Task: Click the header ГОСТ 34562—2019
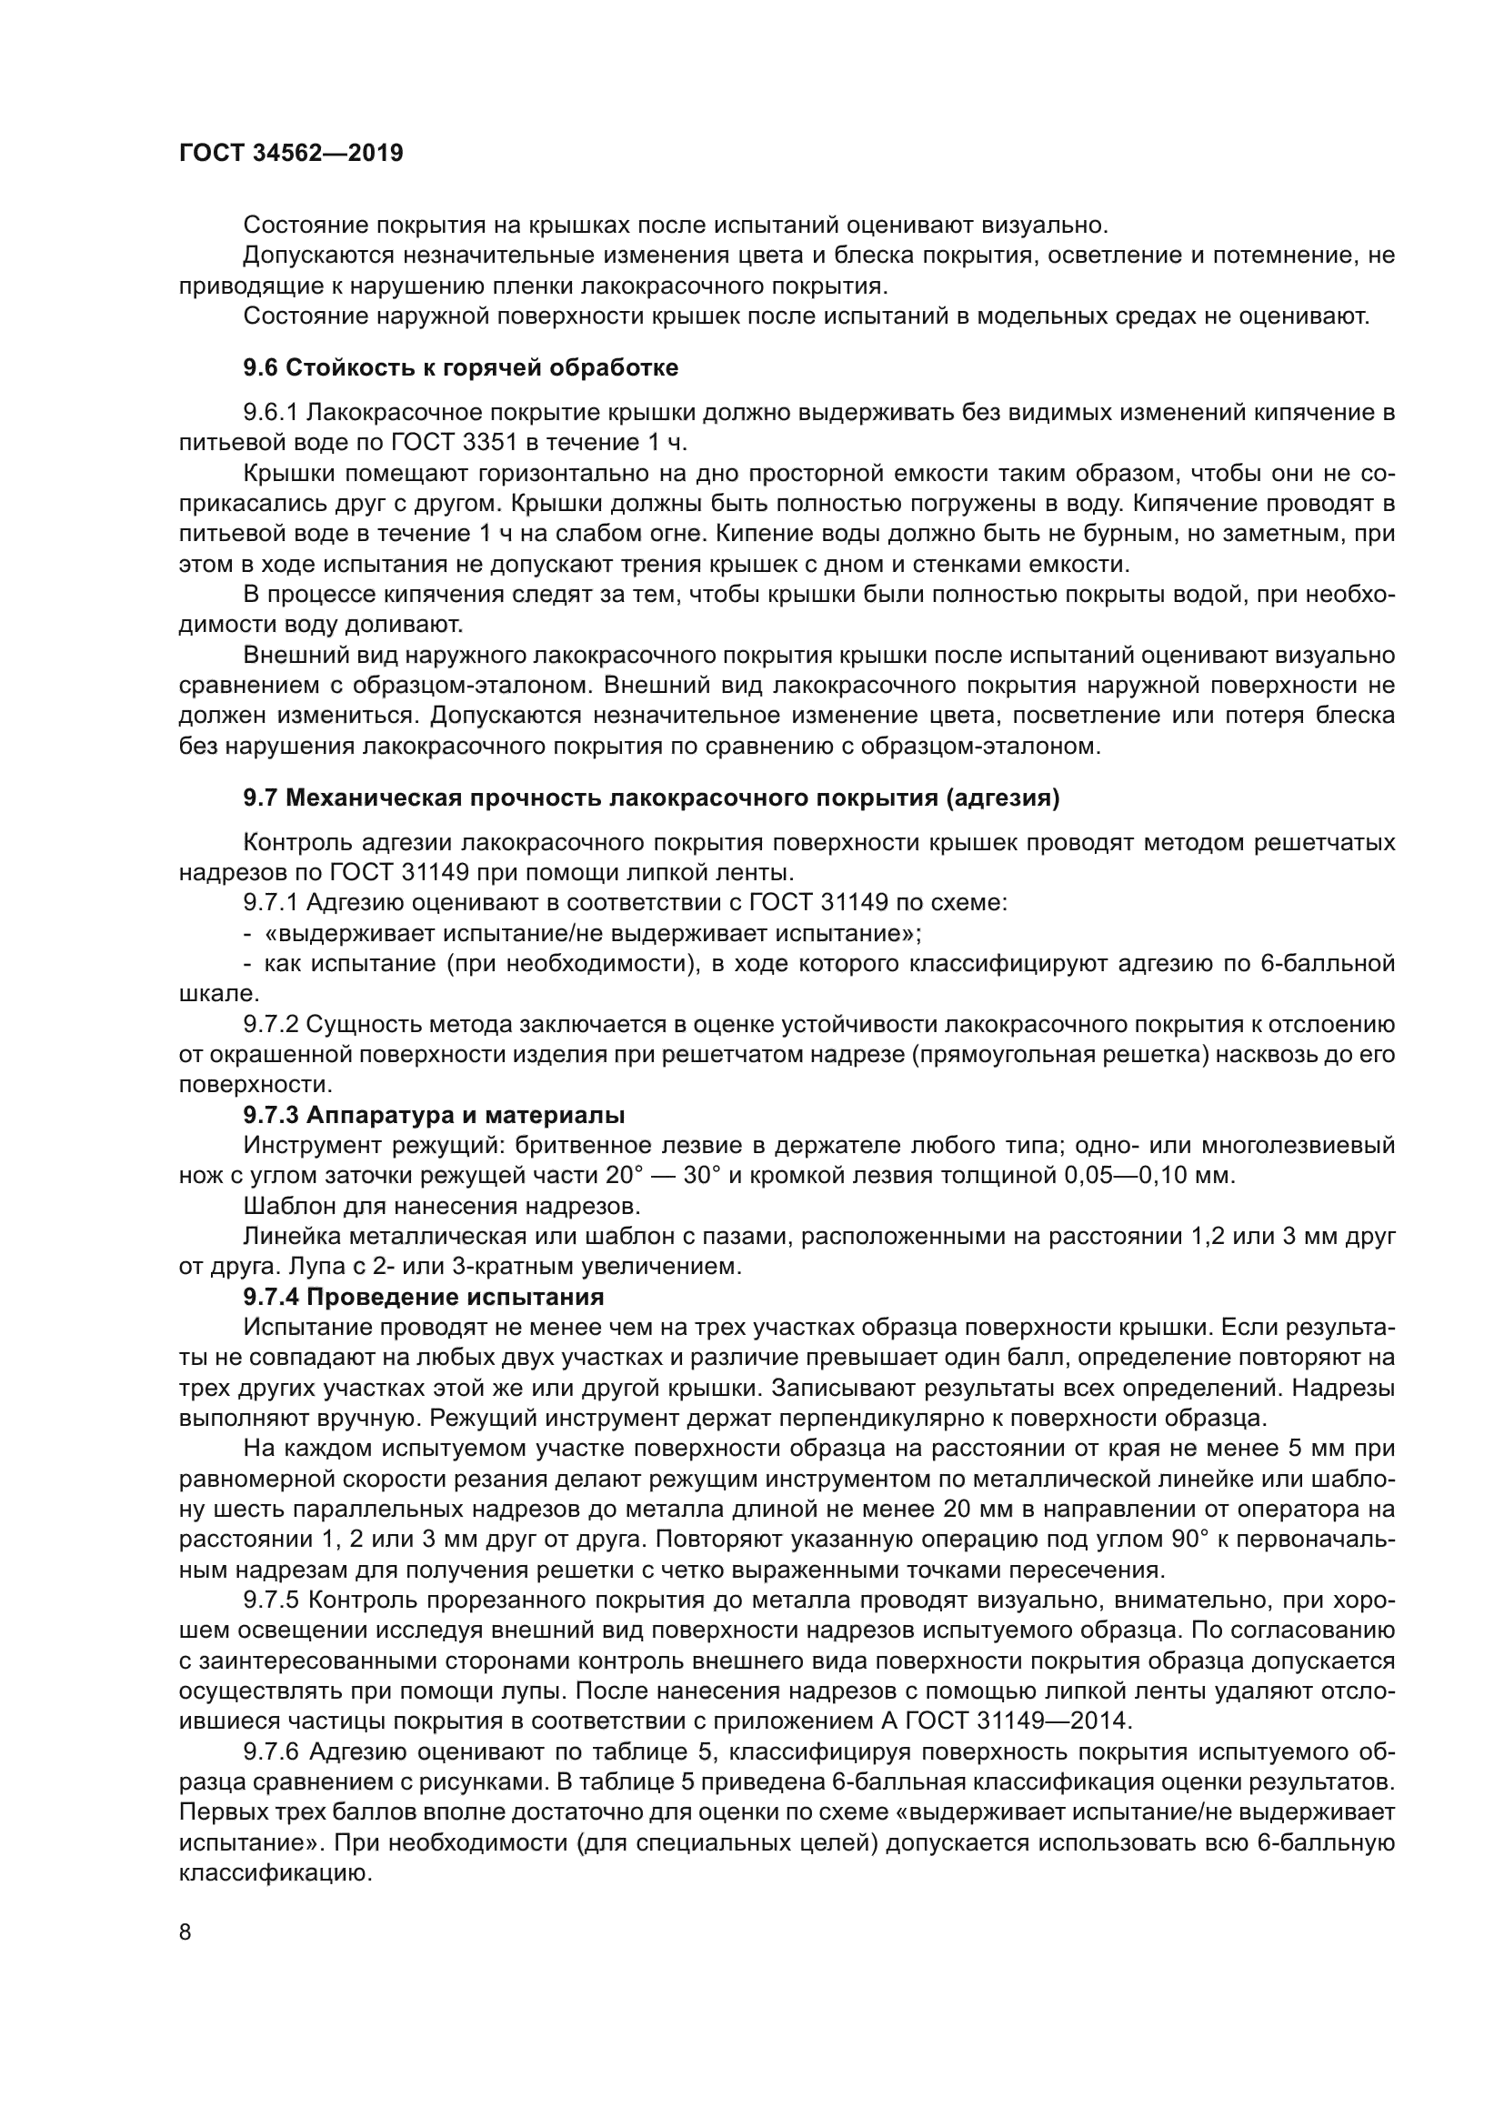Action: (x=291, y=154)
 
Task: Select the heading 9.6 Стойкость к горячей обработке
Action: (x=460, y=367)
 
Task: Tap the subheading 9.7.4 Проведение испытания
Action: (x=423, y=1296)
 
